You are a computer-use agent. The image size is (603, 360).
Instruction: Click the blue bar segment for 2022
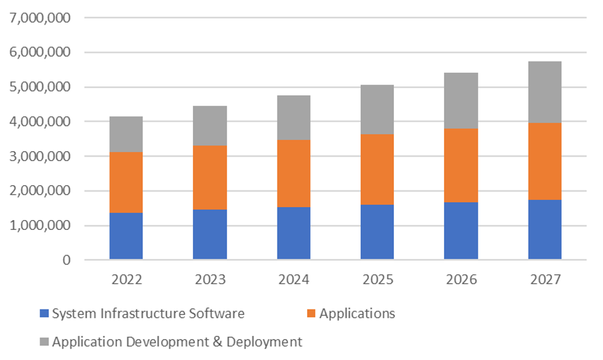point(126,235)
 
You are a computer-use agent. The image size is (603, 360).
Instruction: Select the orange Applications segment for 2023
point(210,178)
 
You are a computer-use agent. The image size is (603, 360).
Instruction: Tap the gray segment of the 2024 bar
point(293,118)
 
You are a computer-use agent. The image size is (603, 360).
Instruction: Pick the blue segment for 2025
point(377,231)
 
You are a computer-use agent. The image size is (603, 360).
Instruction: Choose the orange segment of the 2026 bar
point(461,165)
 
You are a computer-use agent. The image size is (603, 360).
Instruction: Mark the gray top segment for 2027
point(544,92)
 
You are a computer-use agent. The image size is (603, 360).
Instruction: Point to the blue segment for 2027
point(544,229)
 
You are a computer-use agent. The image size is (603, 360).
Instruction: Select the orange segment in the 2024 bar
point(293,173)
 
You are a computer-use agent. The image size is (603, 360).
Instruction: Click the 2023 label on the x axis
point(210,280)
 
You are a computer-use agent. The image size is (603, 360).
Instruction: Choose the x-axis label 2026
point(461,280)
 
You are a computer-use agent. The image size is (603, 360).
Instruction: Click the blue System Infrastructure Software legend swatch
point(43,314)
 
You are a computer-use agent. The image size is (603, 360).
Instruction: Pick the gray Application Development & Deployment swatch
point(43,342)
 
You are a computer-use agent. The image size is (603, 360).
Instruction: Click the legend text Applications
point(358,314)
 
